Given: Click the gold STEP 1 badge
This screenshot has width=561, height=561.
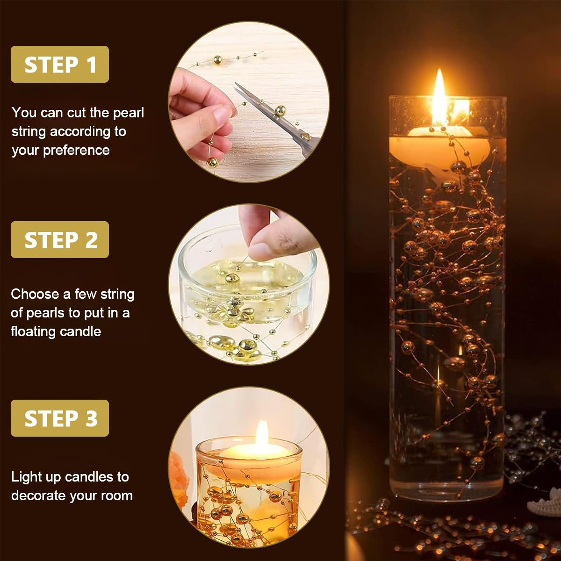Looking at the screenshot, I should tap(60, 65).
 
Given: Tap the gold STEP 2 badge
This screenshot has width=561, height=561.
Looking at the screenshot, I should tap(60, 240).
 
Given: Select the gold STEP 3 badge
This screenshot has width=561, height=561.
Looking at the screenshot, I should tap(60, 418).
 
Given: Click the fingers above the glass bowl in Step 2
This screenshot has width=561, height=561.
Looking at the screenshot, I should tap(271, 234).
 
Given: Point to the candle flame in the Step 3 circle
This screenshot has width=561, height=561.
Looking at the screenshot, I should tap(262, 432).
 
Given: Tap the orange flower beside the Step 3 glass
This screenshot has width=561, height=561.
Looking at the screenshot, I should tap(180, 467).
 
